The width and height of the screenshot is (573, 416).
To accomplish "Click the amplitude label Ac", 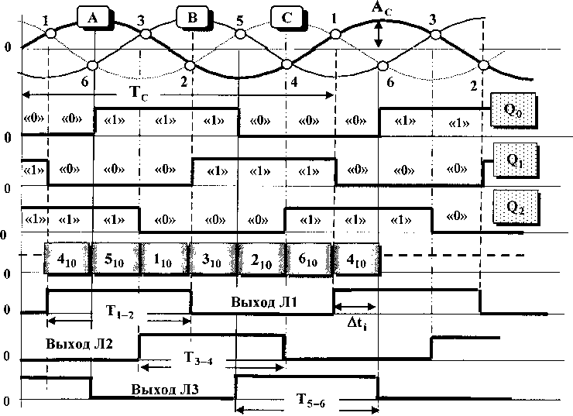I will [379, 9].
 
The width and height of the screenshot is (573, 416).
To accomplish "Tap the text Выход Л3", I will [165, 389].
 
